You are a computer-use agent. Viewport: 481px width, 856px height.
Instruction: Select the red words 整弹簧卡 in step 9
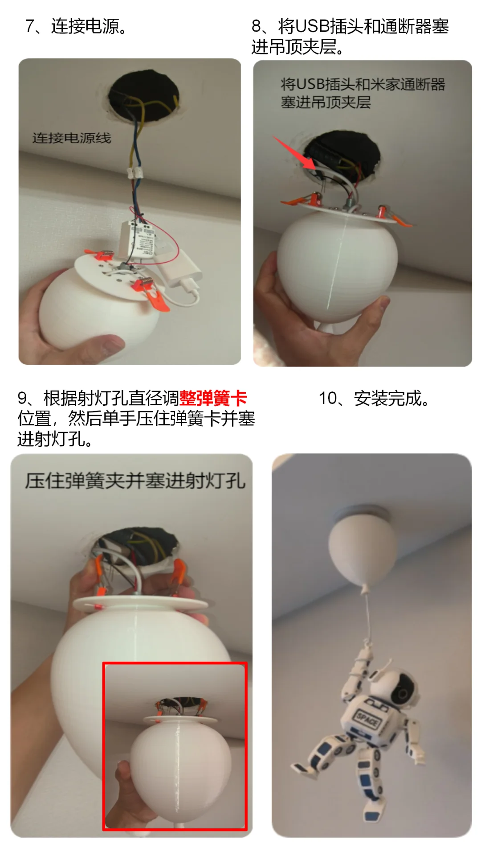pos(213,398)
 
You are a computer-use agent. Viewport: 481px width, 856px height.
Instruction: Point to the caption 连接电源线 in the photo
pos(72,138)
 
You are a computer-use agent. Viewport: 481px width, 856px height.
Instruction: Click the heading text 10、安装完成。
pos(374,398)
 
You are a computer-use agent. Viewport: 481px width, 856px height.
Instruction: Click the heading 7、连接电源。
pos(76,26)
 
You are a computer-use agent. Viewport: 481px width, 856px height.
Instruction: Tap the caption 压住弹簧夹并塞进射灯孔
pos(135,481)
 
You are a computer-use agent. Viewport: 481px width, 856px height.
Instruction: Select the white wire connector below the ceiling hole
pos(137,173)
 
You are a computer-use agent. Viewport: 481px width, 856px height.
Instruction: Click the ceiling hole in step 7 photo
pos(143,96)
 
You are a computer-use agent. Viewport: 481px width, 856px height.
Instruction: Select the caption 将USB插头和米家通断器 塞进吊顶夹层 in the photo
pos(363,93)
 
